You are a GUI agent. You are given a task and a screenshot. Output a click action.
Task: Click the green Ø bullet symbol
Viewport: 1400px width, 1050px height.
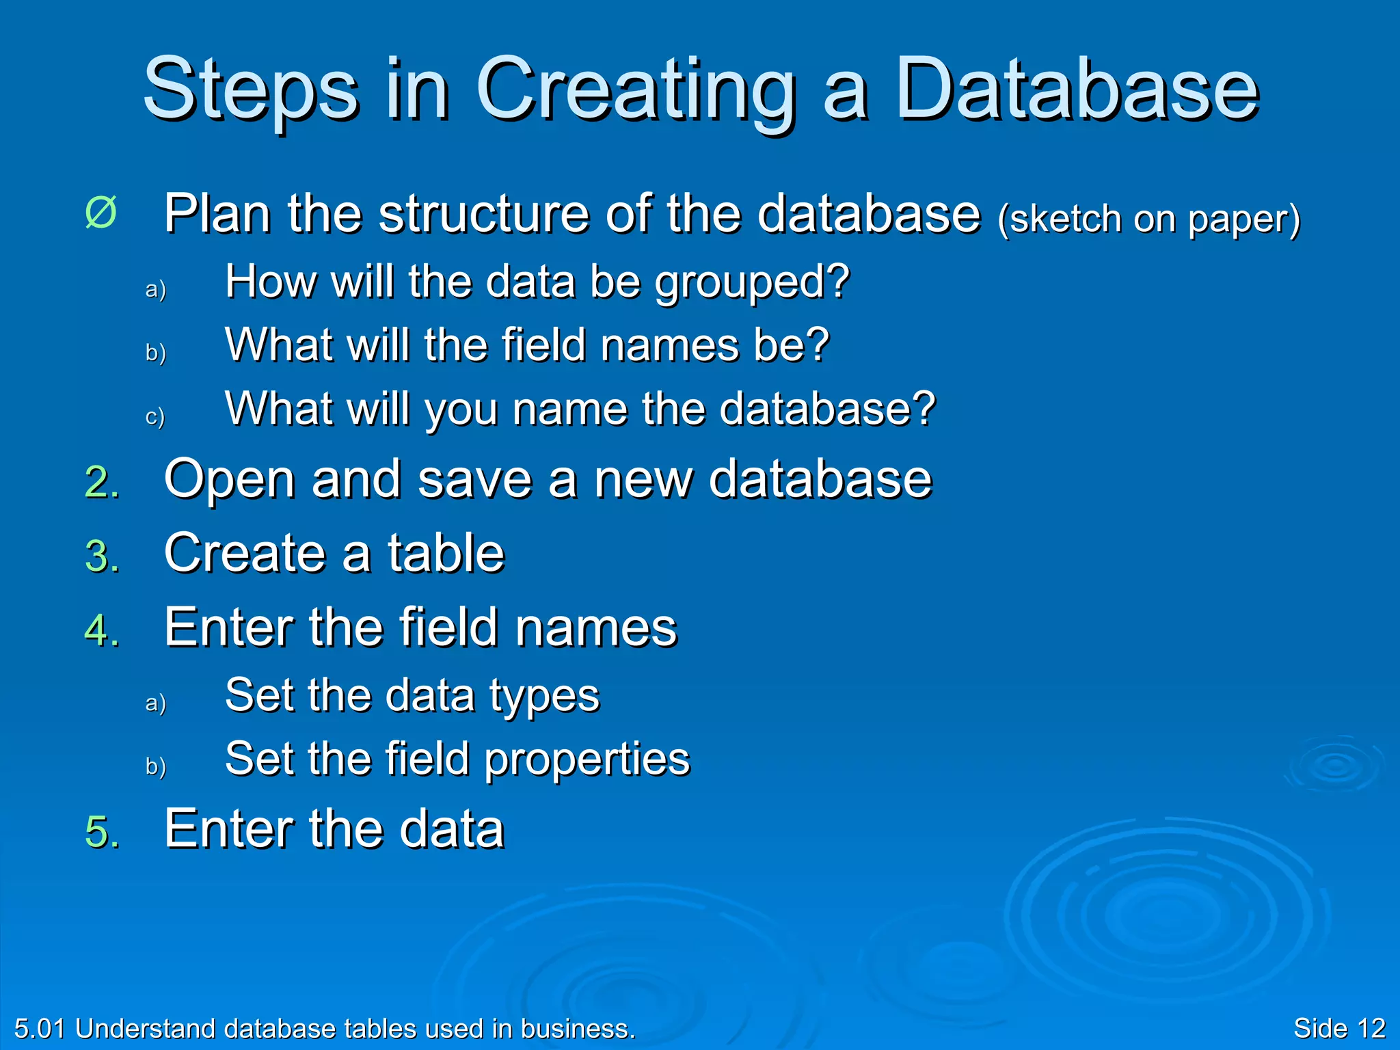[x=101, y=213]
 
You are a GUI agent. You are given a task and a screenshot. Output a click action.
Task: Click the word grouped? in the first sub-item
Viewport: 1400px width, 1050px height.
[x=752, y=283]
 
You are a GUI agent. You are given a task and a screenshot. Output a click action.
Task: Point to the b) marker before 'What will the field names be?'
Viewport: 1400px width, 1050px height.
[x=155, y=353]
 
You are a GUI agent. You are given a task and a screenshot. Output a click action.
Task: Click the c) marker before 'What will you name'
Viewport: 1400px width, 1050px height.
[x=155, y=416]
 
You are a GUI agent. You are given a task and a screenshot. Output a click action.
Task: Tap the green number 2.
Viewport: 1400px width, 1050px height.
[x=101, y=483]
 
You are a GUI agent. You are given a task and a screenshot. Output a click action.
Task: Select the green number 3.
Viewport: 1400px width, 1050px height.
[x=101, y=556]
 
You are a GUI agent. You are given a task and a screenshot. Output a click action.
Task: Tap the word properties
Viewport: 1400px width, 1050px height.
[x=587, y=761]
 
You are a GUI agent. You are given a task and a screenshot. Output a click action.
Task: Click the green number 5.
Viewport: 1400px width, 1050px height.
[x=101, y=832]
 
